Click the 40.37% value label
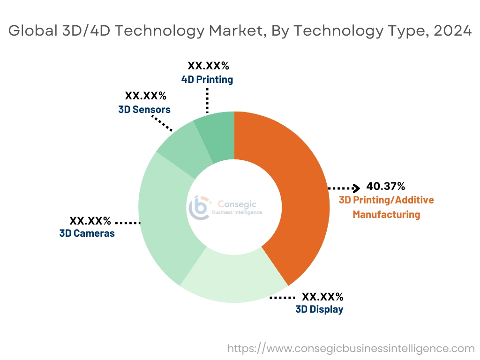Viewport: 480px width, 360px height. (385, 187)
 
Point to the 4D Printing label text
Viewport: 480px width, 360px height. (207, 80)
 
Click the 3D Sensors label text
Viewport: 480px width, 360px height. (144, 110)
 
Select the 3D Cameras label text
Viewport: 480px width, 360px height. (87, 233)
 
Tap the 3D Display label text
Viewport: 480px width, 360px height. (319, 309)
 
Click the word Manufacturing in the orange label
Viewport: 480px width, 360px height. (386, 215)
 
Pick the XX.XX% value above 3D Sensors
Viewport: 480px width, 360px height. (146, 96)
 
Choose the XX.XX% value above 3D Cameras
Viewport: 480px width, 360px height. (90, 220)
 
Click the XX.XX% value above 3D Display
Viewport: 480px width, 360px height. (322, 297)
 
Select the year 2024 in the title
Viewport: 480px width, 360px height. (453, 30)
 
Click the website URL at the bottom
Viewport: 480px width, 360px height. (351, 348)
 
